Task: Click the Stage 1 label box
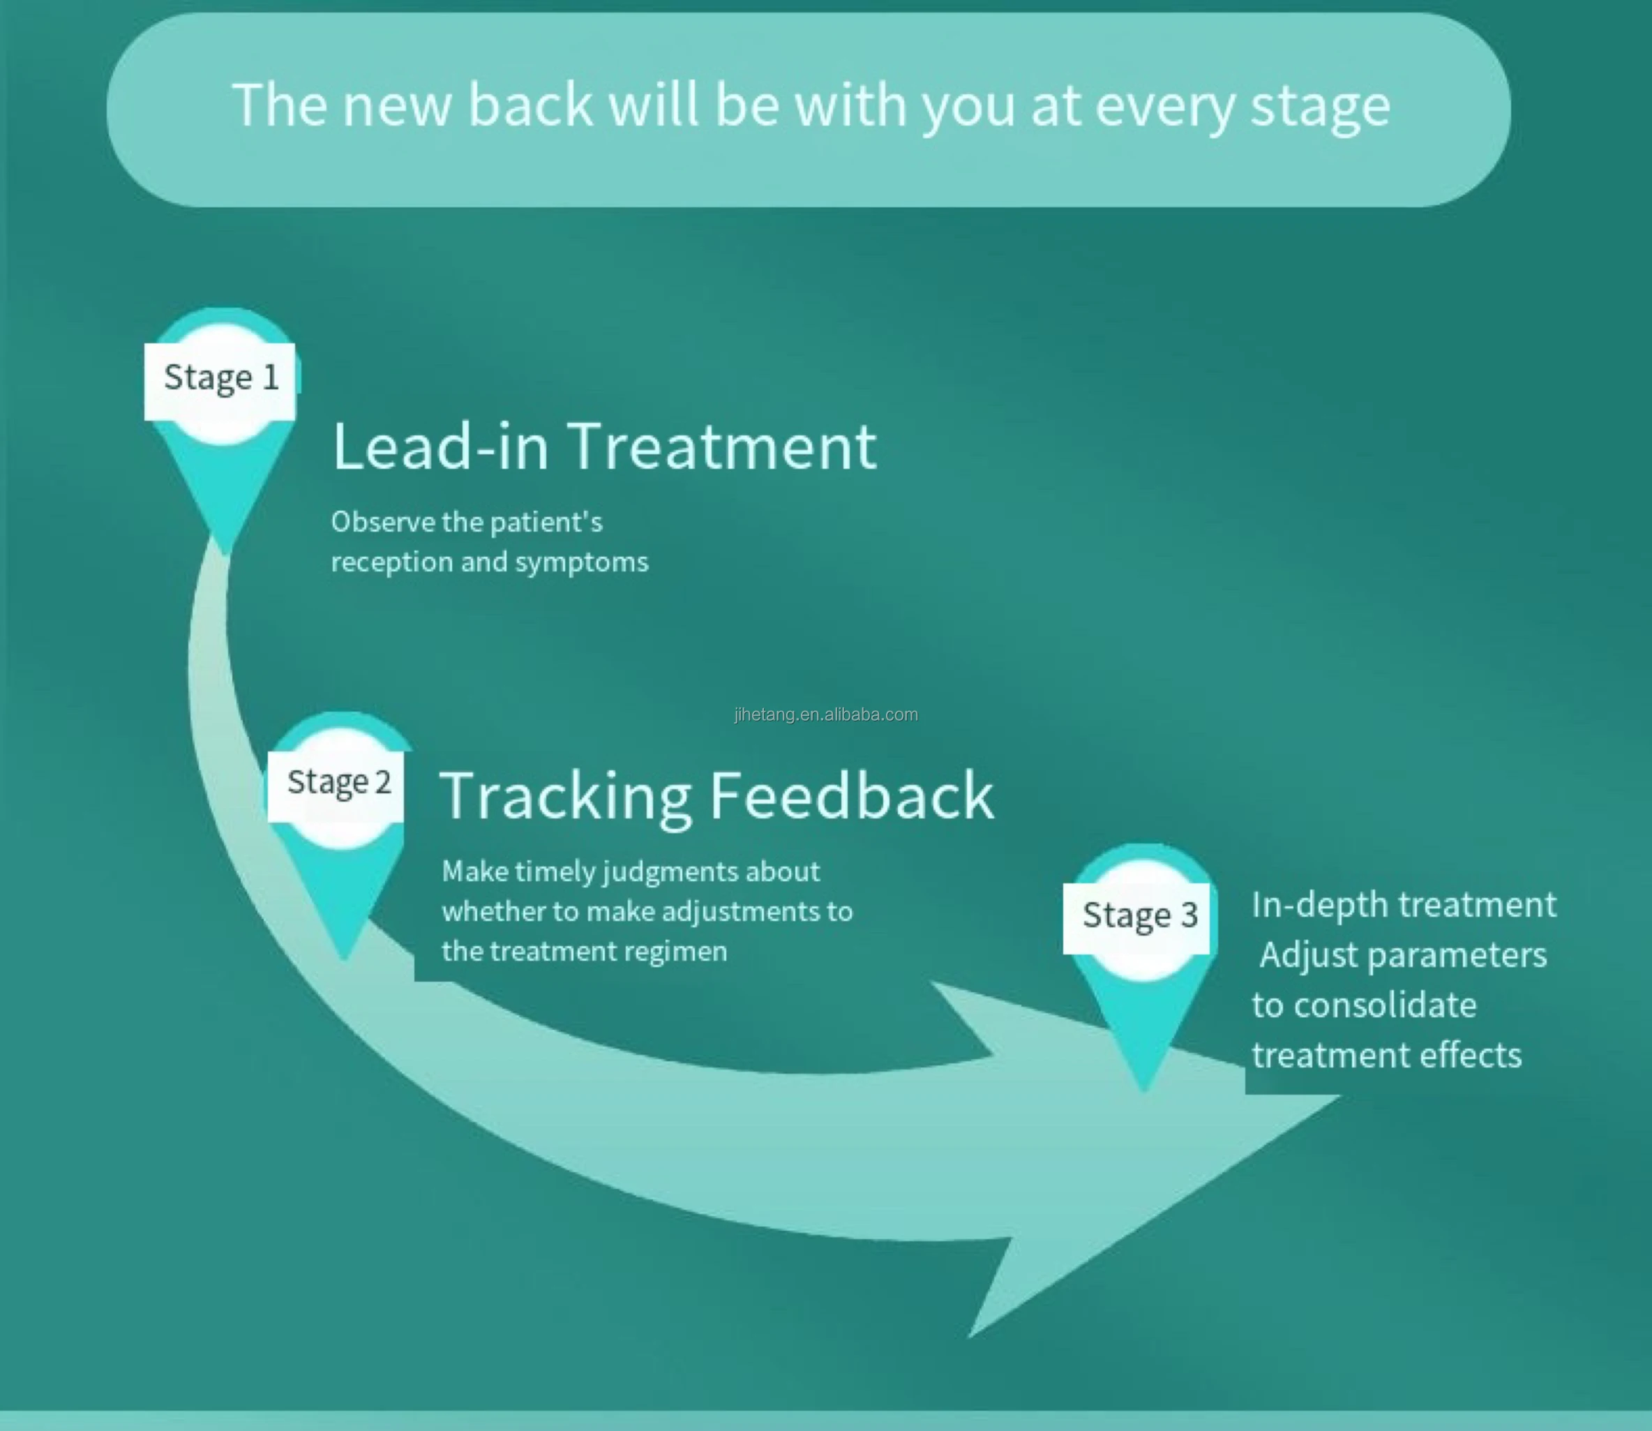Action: (x=220, y=380)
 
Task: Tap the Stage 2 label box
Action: (x=336, y=784)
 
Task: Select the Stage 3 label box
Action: (x=1136, y=917)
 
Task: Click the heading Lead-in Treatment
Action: (x=604, y=447)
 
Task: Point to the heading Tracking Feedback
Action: (x=716, y=796)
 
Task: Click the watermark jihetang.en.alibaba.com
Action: (x=825, y=714)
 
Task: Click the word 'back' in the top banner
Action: (x=530, y=105)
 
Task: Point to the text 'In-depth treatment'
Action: (x=1403, y=906)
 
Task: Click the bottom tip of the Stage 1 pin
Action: (x=225, y=551)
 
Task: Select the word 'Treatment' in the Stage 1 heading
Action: (x=724, y=447)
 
